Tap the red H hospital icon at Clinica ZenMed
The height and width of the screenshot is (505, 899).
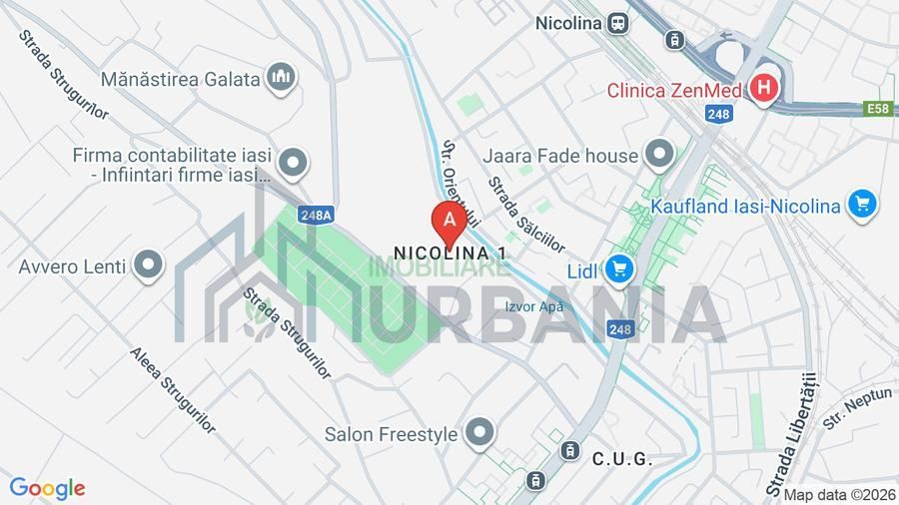coord(764,89)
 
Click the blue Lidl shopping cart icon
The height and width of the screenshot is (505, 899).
coord(619,269)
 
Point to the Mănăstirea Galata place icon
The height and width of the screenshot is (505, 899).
coord(282,77)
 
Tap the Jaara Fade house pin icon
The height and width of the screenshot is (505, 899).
coord(658,155)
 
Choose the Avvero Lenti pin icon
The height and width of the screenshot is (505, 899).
coord(149,265)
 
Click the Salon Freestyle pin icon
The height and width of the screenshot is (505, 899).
coord(480,433)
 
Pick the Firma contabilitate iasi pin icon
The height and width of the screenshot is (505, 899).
coord(293,162)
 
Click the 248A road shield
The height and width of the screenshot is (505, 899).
coord(316,215)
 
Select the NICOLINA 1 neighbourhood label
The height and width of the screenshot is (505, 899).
coord(449,253)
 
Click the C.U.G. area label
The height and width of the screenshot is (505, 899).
coord(621,460)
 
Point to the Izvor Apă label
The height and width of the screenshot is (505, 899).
coord(534,306)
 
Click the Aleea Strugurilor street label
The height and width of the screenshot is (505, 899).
coord(173,390)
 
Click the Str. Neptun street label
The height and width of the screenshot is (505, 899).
coord(844,408)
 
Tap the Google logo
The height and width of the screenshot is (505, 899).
coord(47,488)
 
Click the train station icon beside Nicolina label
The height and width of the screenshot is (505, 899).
coord(619,22)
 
